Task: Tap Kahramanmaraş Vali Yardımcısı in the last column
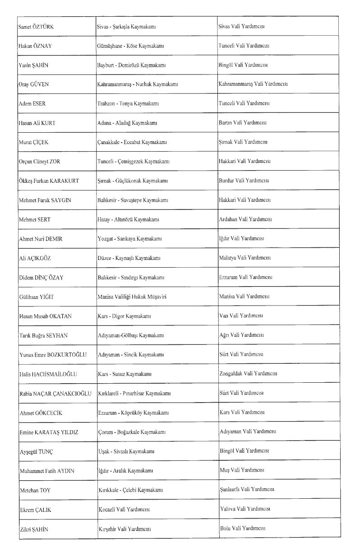click(x=253, y=84)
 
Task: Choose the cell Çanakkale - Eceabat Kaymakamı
click(x=132, y=142)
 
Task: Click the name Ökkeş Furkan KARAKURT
click(x=49, y=181)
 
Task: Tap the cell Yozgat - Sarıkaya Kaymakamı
click(x=129, y=239)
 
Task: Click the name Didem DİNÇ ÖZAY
click(x=41, y=278)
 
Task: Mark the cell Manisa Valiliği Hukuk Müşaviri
click(x=132, y=297)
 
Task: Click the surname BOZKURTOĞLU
click(x=68, y=354)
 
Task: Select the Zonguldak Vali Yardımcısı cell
click(x=248, y=374)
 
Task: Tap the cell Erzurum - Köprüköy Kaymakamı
click(x=133, y=413)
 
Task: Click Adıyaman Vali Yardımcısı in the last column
click(x=247, y=431)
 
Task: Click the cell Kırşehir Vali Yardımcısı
click(x=124, y=529)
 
